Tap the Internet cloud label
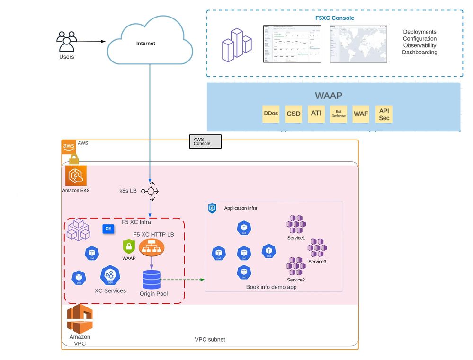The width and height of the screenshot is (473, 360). pyautogui.click(x=145, y=44)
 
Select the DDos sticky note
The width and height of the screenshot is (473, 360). pyautogui.click(x=271, y=114)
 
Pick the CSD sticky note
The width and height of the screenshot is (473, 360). pyautogui.click(x=294, y=114)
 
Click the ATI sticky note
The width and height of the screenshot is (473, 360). pyautogui.click(x=316, y=114)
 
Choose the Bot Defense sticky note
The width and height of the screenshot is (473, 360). pyautogui.click(x=338, y=114)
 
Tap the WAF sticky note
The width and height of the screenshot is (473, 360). pyautogui.click(x=360, y=114)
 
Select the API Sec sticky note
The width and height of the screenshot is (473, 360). pyautogui.click(x=384, y=114)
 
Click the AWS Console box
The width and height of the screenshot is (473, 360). pyautogui.click(x=205, y=141)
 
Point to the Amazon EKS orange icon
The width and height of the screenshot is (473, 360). pyautogui.click(x=76, y=176)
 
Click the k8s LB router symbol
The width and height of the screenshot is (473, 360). pyautogui.click(x=151, y=191)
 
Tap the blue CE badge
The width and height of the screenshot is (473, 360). pyautogui.click(x=108, y=228)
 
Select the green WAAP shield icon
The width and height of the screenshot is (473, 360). pyautogui.click(x=129, y=246)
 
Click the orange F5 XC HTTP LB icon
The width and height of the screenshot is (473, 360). pyautogui.click(x=151, y=246)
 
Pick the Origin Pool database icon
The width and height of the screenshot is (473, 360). pyautogui.click(x=152, y=279)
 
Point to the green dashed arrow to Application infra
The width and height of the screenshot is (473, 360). pyautogui.click(x=182, y=279)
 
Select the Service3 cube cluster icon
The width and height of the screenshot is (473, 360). pyautogui.click(x=317, y=248)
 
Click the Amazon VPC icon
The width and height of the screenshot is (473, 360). pyautogui.click(x=80, y=318)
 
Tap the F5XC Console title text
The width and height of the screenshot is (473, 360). pyautogui.click(x=334, y=18)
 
